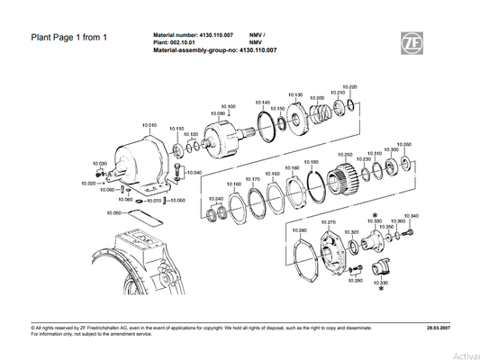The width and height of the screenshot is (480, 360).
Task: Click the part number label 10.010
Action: click(149, 125)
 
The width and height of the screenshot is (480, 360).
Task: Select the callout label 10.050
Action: click(113, 212)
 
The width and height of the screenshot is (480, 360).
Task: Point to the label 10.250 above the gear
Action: click(343, 154)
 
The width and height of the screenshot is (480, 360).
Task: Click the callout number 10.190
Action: click(312, 163)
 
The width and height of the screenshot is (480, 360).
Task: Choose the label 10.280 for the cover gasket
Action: click(300, 230)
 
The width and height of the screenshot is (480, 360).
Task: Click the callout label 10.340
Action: click(411, 216)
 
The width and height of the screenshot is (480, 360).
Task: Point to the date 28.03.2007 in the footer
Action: click(440, 328)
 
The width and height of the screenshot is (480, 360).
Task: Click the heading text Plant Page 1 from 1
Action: click(69, 38)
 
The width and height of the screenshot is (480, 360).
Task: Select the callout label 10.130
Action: click(295, 94)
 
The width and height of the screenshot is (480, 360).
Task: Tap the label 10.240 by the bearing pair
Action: click(216, 198)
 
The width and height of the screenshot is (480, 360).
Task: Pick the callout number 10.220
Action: click(351, 86)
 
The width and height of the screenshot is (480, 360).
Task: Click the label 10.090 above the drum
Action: click(217, 113)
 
